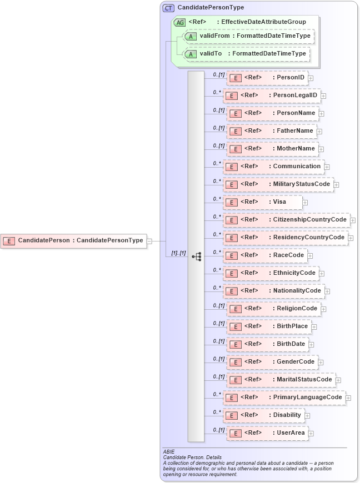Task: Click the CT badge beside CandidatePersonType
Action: click(168, 8)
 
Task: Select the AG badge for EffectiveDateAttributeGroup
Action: click(179, 22)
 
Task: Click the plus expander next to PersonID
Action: click(311, 78)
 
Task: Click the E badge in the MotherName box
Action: click(235, 149)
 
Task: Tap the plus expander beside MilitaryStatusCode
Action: click(336, 184)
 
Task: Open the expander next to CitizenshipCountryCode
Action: click(353, 220)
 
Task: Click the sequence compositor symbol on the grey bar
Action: click(196, 256)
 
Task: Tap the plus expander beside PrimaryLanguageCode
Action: click(348, 398)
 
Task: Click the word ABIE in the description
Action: click(169, 452)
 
